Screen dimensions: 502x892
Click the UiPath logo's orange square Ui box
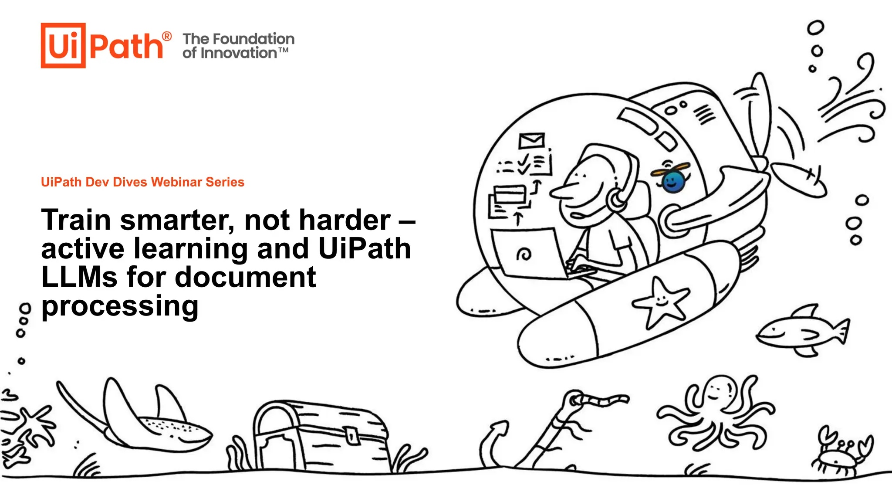63,45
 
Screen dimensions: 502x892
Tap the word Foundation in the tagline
253,39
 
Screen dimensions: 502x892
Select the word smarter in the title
177,220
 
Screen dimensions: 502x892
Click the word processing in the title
120,306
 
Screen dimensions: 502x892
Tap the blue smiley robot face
673,181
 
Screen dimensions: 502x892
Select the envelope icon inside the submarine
531,140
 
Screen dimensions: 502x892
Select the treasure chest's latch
351,435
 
